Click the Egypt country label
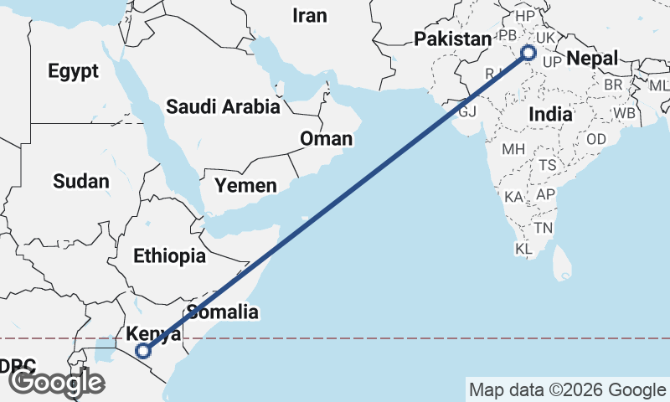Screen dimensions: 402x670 click(74, 71)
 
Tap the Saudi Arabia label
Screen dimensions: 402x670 click(222, 106)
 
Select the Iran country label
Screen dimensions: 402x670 click(309, 15)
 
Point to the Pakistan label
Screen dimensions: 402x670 click(452, 39)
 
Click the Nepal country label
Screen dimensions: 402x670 click(592, 58)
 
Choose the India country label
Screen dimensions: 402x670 click(550, 113)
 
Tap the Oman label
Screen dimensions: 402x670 click(326, 138)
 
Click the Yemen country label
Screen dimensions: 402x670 click(245, 185)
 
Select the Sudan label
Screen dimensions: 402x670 click(80, 181)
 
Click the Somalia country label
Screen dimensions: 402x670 click(222, 312)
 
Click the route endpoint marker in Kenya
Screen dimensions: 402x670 click(143, 352)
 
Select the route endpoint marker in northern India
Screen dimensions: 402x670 click(528, 54)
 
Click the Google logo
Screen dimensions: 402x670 click(56, 382)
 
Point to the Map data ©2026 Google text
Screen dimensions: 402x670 click(566, 389)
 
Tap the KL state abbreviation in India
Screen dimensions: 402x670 click(523, 249)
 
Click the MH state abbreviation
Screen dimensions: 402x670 click(513, 150)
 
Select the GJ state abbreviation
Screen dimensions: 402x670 click(466, 111)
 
